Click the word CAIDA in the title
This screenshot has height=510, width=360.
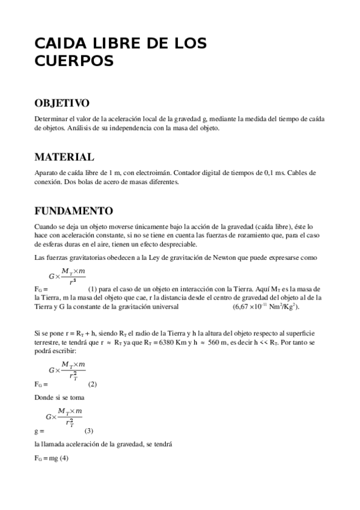pos(59,43)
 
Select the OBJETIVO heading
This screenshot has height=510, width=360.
pos(62,103)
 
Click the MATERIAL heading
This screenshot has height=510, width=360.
pos(64,158)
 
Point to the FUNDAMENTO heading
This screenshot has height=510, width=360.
pos(73,211)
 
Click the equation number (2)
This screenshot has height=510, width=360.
pos(93,384)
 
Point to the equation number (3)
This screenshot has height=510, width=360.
pos(89,431)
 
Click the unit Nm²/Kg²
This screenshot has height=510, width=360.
pos(285,307)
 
